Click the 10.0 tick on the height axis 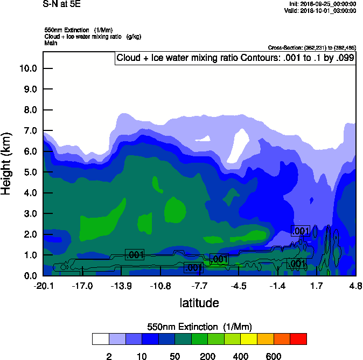[x=27, y=68]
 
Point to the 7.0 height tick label [x=27, y=131]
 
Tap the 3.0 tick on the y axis [x=27, y=214]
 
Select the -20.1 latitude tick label [x=43, y=286]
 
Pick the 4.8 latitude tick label [x=355, y=286]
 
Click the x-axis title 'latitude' [x=199, y=303]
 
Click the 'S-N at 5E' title [x=61, y=4]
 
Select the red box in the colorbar [x=299, y=339]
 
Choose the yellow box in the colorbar [x=249, y=339]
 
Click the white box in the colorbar [x=100, y=339]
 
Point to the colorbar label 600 [x=274, y=356]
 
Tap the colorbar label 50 [x=174, y=356]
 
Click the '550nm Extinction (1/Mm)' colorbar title [x=199, y=327]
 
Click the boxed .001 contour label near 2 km [x=300, y=231]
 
